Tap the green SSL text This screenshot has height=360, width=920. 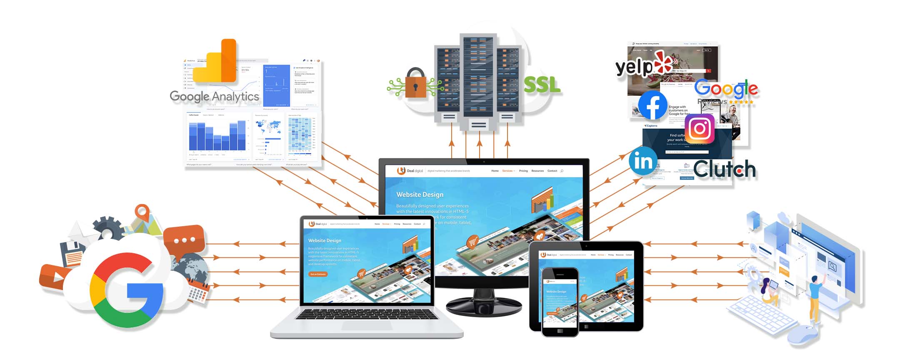click(542, 85)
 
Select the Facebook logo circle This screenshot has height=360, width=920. click(652, 105)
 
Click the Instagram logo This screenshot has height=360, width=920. click(700, 128)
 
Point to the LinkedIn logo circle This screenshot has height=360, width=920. click(643, 161)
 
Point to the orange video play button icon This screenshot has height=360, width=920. click(52, 276)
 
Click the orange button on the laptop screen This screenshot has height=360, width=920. click(318, 274)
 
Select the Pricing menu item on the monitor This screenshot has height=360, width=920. click(523, 171)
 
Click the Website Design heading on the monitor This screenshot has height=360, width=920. click(420, 195)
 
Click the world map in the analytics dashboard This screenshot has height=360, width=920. click(268, 125)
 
